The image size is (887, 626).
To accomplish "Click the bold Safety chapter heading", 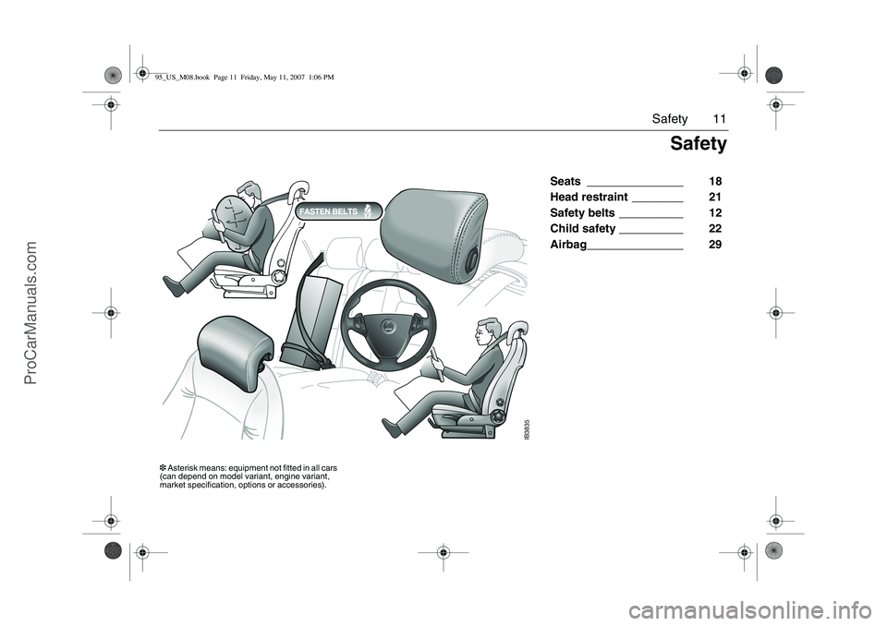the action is tap(699, 144).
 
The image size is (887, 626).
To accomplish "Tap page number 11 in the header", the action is tap(719, 119).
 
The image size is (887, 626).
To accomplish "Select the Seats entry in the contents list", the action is tap(565, 182).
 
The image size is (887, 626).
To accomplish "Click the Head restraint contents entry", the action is tap(589, 198).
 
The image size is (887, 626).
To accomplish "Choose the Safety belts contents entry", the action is tap(582, 213).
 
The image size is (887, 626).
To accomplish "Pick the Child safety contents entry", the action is tap(583, 229).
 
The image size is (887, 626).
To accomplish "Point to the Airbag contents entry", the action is tap(568, 245).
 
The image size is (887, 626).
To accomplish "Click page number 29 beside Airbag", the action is tap(715, 245).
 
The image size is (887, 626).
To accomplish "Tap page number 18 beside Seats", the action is tap(715, 182).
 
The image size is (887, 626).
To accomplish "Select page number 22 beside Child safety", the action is tap(715, 229).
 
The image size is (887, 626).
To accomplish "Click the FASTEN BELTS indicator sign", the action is tap(338, 211).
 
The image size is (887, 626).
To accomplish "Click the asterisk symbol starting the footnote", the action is tap(163, 468).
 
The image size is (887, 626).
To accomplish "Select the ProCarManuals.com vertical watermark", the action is tap(30, 313).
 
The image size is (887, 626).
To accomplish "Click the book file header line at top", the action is tap(244, 78).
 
